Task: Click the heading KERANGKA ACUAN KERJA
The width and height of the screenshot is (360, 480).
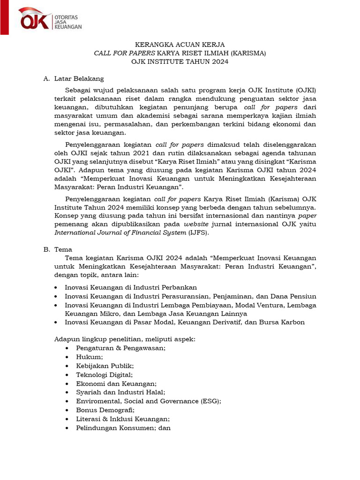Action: pos(180,45)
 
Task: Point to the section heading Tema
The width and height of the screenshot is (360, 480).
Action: pos(63,249)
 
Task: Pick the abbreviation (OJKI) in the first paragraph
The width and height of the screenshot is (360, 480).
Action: pos(305,90)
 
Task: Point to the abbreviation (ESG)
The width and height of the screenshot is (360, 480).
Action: pos(210,401)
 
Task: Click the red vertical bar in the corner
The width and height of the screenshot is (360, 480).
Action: pos(4,17)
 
